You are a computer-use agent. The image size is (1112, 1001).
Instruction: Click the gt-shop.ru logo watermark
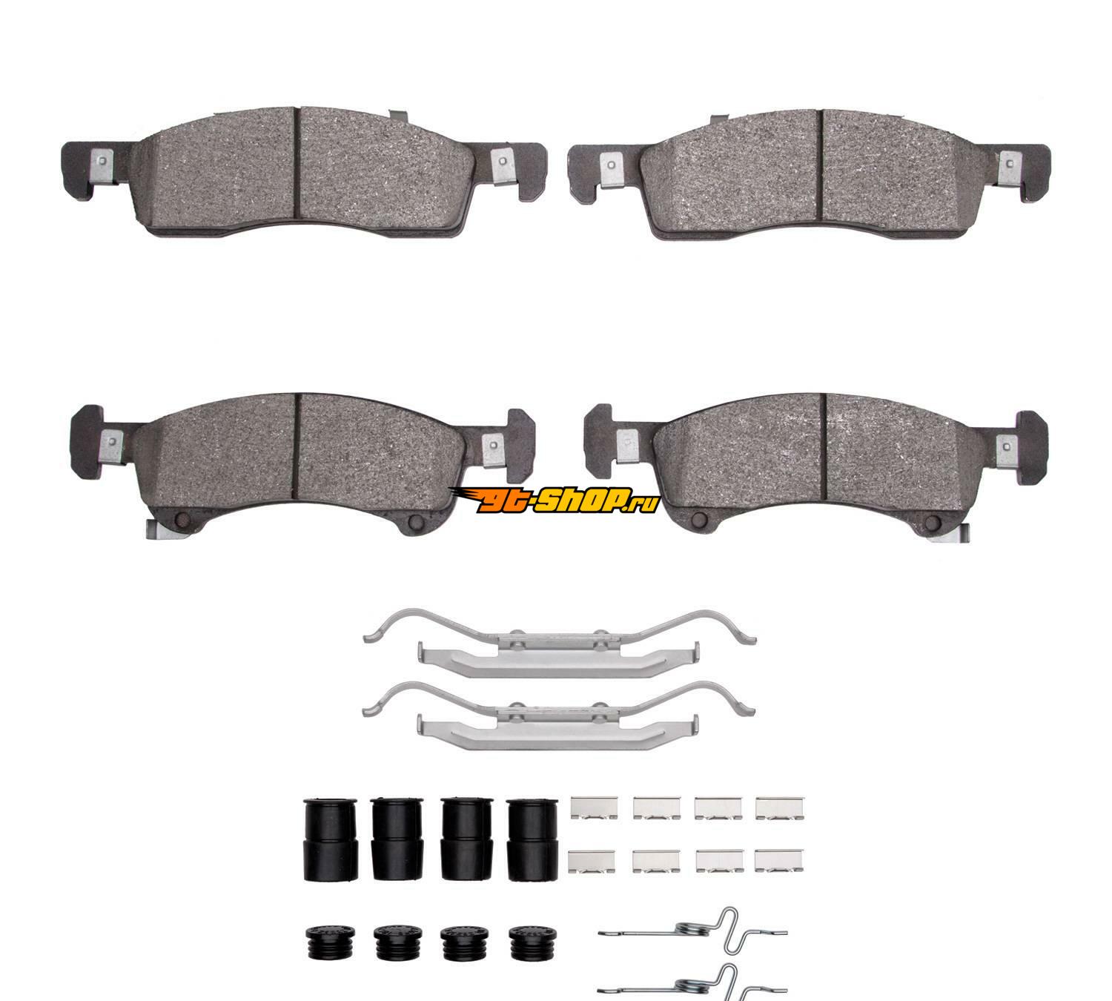point(555,500)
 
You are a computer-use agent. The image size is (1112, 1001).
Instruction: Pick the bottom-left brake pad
point(302,465)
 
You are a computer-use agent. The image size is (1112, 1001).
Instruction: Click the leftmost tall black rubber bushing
point(331,839)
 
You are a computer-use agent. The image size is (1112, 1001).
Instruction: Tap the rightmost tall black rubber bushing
point(532,839)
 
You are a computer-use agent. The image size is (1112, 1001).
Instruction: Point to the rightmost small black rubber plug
point(533,942)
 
